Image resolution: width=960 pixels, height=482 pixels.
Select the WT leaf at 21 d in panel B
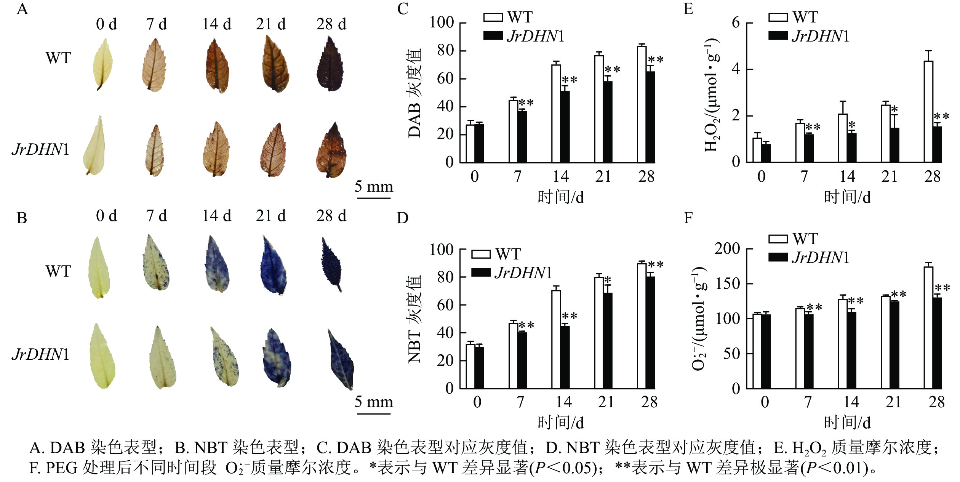(x=273, y=266)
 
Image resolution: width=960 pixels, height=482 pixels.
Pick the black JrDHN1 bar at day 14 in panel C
(x=565, y=127)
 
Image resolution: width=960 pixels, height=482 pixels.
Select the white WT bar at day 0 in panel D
(x=470, y=366)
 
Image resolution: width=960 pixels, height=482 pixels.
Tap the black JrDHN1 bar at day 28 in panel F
(x=937, y=343)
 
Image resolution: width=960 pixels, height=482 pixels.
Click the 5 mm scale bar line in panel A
(x=374, y=198)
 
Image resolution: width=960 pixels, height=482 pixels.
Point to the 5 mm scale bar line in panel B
(x=374, y=413)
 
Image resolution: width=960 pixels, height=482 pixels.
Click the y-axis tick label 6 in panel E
(x=736, y=23)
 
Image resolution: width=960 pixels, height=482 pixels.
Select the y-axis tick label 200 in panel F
(x=727, y=249)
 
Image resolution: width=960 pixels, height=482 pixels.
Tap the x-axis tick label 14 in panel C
(x=560, y=177)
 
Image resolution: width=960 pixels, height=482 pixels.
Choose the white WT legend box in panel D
(x=481, y=254)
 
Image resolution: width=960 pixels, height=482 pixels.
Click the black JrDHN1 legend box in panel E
(x=778, y=36)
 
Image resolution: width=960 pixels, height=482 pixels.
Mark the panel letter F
(x=688, y=218)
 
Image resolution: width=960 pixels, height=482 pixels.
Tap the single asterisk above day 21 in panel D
(x=608, y=280)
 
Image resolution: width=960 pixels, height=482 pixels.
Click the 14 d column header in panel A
(x=216, y=24)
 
